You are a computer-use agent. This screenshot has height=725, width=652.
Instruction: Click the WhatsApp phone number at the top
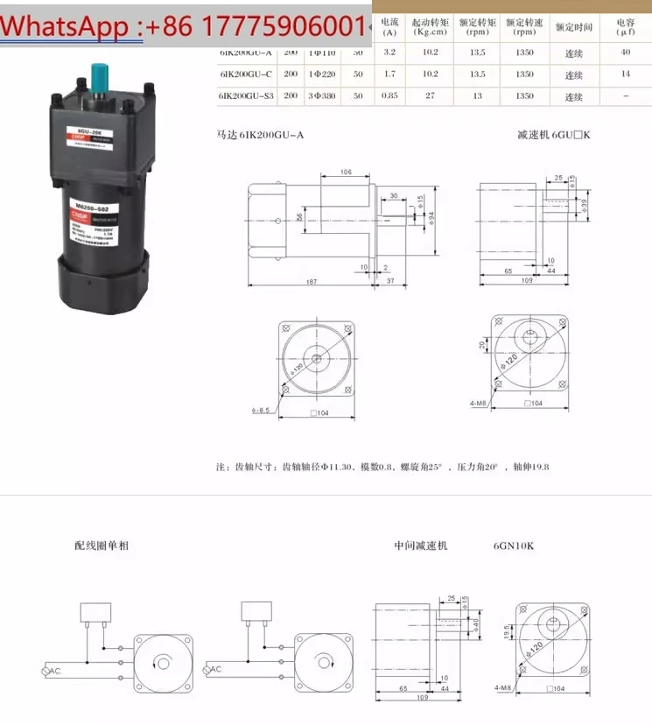pyautogui.click(x=184, y=26)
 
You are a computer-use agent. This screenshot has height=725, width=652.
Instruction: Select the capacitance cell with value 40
pyautogui.click(x=625, y=53)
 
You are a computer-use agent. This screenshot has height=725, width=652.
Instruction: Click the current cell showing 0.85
pyautogui.click(x=389, y=95)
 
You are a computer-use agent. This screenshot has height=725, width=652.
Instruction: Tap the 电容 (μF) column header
pyautogui.click(x=625, y=26)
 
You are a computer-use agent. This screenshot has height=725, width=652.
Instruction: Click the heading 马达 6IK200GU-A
pyautogui.click(x=260, y=135)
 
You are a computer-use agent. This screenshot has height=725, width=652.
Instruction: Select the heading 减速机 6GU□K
pyautogui.click(x=554, y=135)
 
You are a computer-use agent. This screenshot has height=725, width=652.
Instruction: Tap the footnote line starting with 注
pyautogui.click(x=382, y=467)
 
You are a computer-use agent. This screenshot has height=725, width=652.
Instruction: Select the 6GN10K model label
pyautogui.click(x=513, y=546)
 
